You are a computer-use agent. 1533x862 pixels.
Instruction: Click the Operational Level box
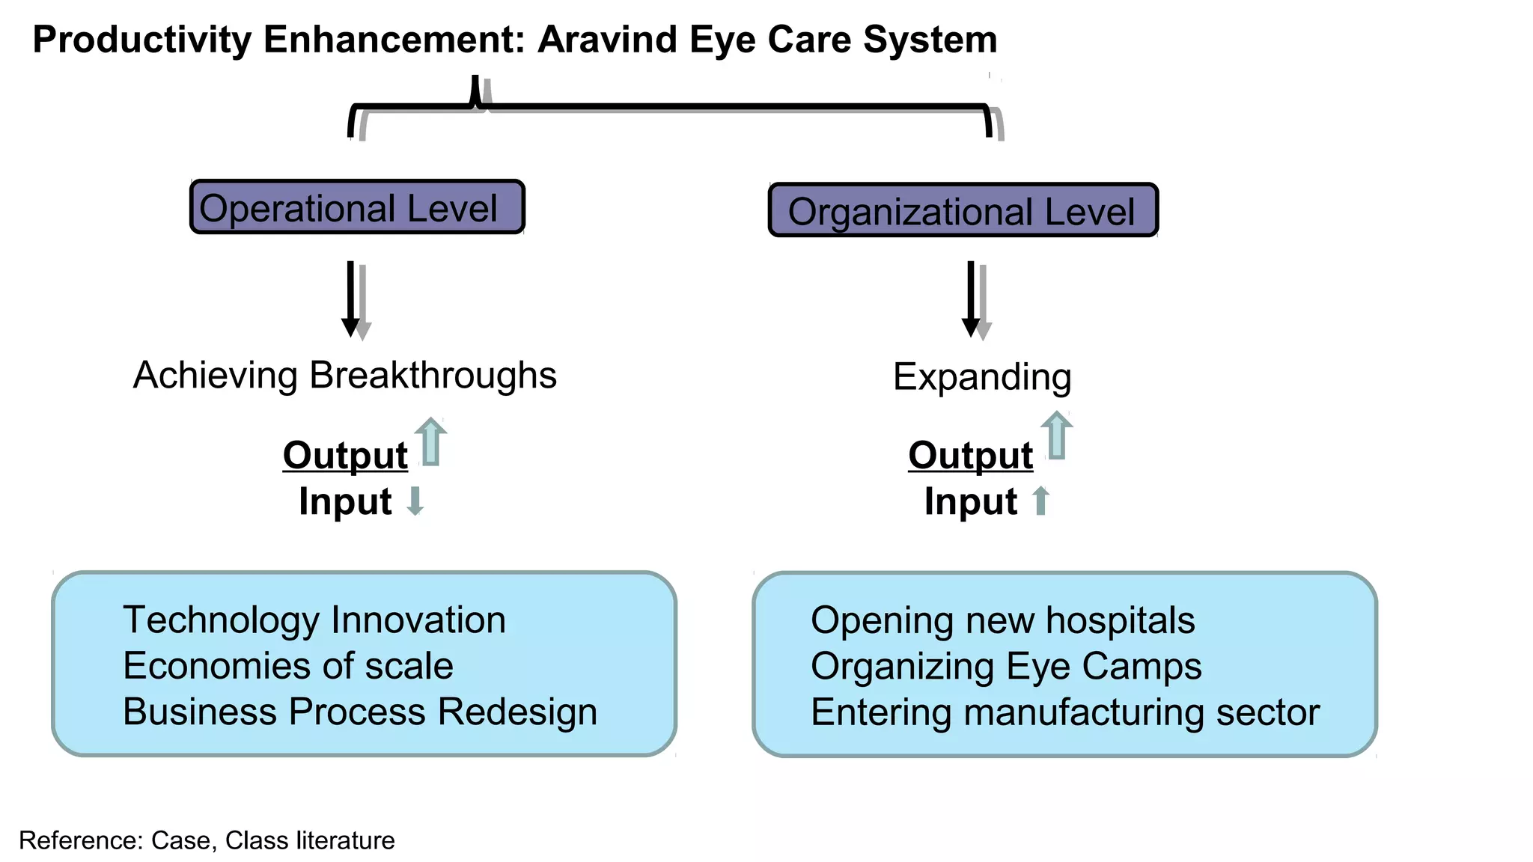(357, 207)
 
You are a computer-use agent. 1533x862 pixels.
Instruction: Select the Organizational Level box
(963, 210)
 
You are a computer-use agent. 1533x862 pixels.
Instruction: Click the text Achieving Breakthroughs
(344, 375)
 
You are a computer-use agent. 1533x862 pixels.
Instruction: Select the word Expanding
(982, 376)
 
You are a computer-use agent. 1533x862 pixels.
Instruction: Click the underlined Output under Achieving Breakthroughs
(345, 455)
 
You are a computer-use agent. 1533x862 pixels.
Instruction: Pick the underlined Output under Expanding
(970, 455)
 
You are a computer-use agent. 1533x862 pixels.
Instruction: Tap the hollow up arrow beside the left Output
(430, 442)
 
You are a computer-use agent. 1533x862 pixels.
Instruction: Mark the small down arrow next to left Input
(415, 501)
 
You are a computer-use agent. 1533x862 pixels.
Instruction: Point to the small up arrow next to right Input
(1040, 501)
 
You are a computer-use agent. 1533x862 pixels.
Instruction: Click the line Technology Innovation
(314, 620)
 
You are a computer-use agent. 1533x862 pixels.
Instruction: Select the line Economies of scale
(288, 665)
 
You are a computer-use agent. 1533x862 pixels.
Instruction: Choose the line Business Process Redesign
(360, 711)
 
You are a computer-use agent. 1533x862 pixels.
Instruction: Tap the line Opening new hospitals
(1003, 620)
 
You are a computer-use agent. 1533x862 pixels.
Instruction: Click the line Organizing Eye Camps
(1006, 666)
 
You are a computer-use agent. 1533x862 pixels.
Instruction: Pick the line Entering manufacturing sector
(1065, 712)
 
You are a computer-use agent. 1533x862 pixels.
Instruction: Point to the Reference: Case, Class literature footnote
(207, 840)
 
